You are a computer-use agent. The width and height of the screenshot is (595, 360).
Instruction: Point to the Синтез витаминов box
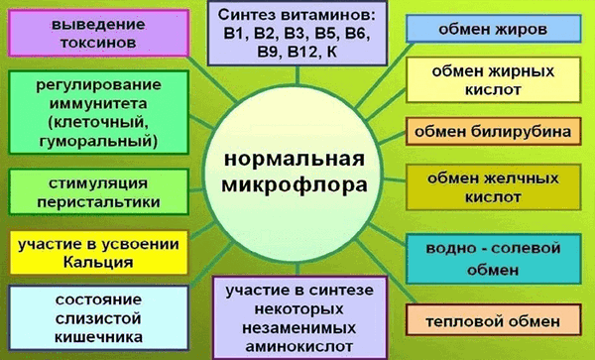click(x=298, y=31)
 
